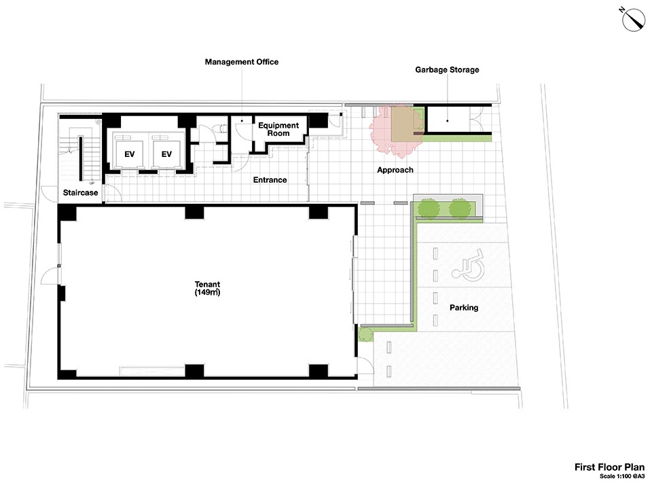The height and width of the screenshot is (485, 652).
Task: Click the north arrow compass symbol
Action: (633, 19)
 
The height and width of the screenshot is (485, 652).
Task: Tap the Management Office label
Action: (242, 62)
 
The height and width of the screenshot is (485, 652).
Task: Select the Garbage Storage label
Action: (447, 70)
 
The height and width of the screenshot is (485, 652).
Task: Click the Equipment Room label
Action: (278, 129)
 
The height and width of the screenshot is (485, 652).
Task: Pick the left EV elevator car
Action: (129, 154)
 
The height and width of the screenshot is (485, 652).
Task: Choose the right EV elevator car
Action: (166, 154)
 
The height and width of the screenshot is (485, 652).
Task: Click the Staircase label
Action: (80, 193)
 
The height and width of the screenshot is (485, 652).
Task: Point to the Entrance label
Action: (270, 180)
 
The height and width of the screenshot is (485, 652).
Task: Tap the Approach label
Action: (395, 170)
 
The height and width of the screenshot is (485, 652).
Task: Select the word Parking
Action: (464, 308)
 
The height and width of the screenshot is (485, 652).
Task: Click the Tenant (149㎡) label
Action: (207, 288)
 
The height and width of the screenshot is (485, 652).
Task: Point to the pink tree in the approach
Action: (396, 130)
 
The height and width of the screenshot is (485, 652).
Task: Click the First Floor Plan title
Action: (609, 467)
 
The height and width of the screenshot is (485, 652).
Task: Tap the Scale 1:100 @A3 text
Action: (621, 476)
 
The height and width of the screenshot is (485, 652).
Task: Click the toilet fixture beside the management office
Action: (221, 128)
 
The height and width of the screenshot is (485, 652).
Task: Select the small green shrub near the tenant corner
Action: (365, 334)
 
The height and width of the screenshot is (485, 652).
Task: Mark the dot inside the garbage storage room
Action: (448, 121)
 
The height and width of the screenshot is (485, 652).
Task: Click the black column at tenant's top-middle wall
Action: (194, 212)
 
